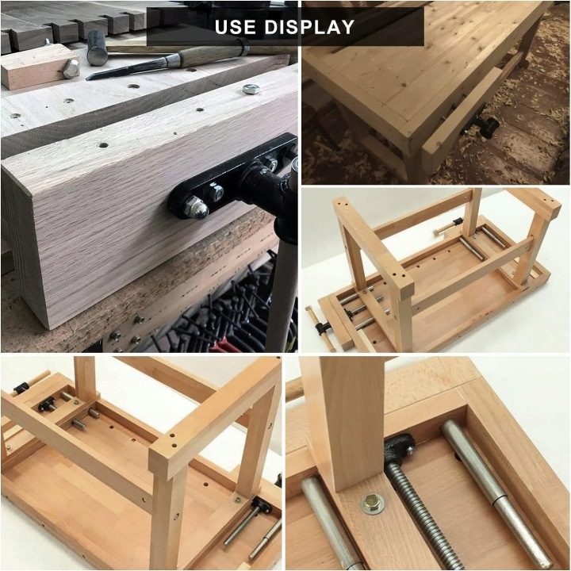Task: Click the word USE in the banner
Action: [x=235, y=27]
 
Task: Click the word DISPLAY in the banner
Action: [x=309, y=27]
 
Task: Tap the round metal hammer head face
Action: [x=94, y=57]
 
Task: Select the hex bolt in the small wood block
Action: [x=71, y=68]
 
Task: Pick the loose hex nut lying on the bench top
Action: [x=251, y=89]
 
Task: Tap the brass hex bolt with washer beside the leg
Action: [x=373, y=504]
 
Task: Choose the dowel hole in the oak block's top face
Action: [x=103, y=145]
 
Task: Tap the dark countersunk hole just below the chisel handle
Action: [x=133, y=87]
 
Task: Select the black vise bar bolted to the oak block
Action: [x=233, y=178]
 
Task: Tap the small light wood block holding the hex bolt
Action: [x=38, y=68]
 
